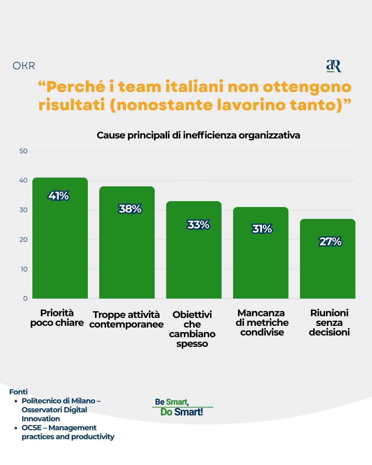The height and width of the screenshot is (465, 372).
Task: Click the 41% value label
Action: [59, 196]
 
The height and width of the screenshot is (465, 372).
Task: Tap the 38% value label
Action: [130, 209]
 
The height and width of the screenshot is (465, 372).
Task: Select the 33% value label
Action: [198, 225]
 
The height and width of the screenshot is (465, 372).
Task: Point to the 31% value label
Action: [262, 229]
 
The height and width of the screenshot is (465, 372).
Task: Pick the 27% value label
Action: [330, 241]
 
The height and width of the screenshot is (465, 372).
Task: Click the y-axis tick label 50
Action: [23, 151]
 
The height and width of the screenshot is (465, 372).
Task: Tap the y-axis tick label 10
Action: [24, 269]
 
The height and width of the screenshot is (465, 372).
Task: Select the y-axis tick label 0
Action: [25, 298]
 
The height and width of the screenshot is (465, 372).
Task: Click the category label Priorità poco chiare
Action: [57, 318]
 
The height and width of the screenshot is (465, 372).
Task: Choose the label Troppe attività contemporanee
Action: [126, 319]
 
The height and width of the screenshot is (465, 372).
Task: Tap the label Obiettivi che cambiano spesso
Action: [192, 329]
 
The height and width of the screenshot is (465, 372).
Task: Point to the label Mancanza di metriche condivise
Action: [262, 322]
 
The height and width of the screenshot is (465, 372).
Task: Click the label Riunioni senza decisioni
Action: [329, 322]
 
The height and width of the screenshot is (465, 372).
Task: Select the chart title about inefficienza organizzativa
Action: [198, 135]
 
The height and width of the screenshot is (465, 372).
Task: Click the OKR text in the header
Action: [24, 66]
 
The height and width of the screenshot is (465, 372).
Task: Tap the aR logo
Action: [333, 66]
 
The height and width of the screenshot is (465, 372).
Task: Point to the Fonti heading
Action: [18, 392]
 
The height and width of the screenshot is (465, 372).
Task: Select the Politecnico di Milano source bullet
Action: [61, 410]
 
